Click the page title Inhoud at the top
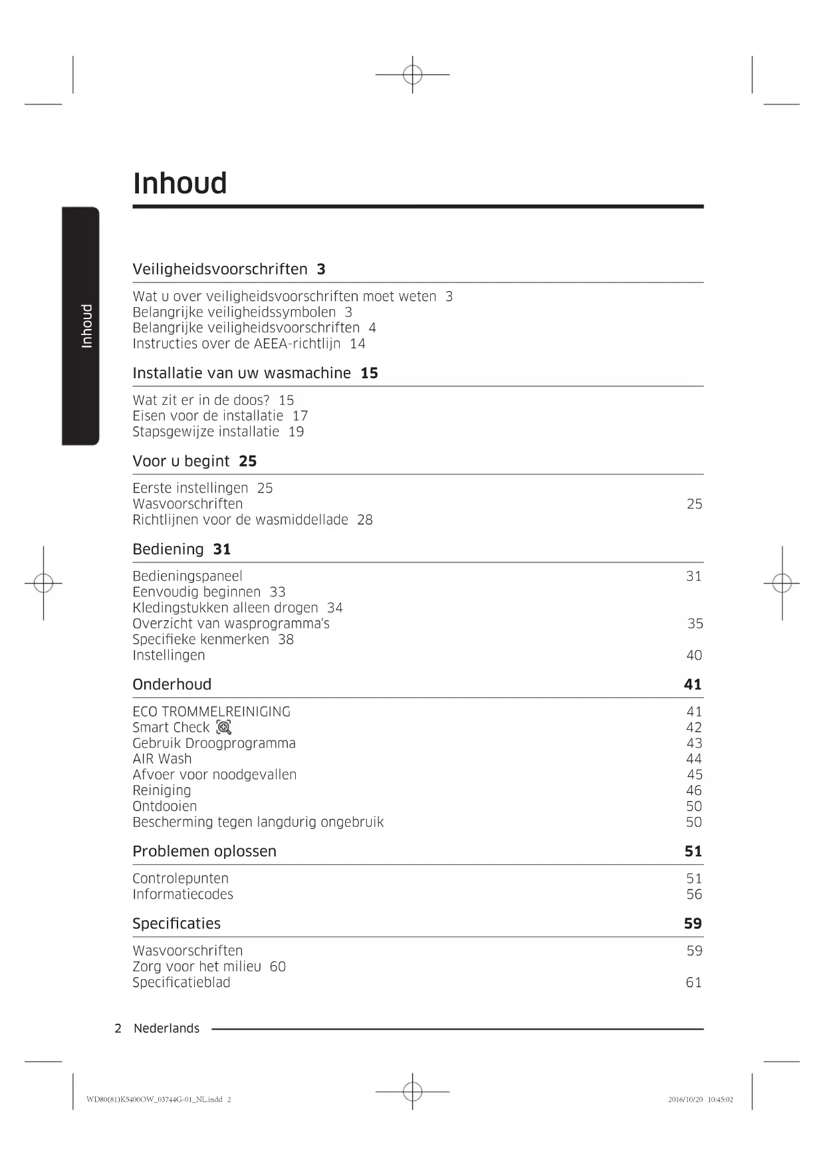click(x=179, y=183)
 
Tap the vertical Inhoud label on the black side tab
click(x=86, y=326)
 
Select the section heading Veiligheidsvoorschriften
click(x=220, y=269)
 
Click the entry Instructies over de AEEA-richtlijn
click(x=236, y=344)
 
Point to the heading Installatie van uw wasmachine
click(x=241, y=373)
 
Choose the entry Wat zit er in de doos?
click(x=201, y=400)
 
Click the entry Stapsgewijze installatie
click(x=205, y=431)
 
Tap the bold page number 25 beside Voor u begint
click(x=247, y=461)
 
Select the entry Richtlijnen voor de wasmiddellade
click(x=240, y=520)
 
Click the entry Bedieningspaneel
click(x=187, y=576)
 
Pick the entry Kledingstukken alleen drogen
click(x=225, y=608)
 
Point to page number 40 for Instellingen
click(x=694, y=655)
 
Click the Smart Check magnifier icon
click(x=224, y=727)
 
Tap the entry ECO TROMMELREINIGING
click(x=211, y=712)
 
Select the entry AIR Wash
click(x=162, y=759)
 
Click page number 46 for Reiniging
click(x=694, y=790)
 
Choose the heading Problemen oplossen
click(x=204, y=852)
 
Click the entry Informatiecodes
click(x=183, y=895)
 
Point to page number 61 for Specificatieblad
click(x=693, y=983)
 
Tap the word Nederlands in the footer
click(x=166, y=1028)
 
